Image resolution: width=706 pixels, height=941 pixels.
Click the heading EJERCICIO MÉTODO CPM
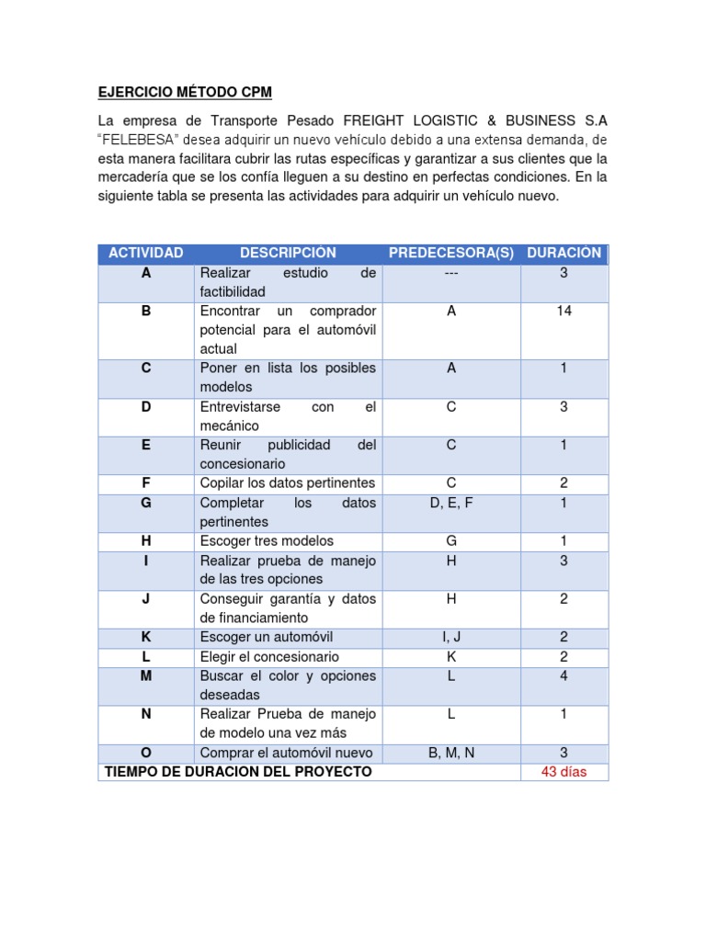pyautogui.click(x=185, y=93)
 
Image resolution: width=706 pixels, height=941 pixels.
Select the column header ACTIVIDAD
pyautogui.click(x=145, y=253)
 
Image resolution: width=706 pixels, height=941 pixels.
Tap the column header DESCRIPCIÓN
pyautogui.click(x=288, y=253)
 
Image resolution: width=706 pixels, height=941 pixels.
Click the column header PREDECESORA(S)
pyautogui.click(x=450, y=253)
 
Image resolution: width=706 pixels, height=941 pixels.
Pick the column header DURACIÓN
pyautogui.click(x=564, y=253)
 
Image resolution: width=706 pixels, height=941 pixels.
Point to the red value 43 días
pyautogui.click(x=564, y=772)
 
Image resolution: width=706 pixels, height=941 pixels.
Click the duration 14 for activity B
pyautogui.click(x=564, y=312)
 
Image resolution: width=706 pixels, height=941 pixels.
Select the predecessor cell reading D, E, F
pyautogui.click(x=450, y=503)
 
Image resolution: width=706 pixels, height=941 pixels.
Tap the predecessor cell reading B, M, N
pyautogui.click(x=450, y=754)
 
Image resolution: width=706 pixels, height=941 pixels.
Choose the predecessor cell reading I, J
pyautogui.click(x=450, y=637)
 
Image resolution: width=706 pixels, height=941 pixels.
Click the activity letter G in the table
pyautogui.click(x=145, y=503)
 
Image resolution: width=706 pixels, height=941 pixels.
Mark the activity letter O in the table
pyautogui.click(x=145, y=754)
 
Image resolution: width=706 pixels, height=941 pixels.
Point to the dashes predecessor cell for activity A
pyautogui.click(x=450, y=273)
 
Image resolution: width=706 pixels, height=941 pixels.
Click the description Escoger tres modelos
pyautogui.click(x=267, y=541)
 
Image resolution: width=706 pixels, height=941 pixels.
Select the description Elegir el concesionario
pyautogui.click(x=269, y=657)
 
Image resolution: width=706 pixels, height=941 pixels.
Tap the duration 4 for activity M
pyautogui.click(x=564, y=676)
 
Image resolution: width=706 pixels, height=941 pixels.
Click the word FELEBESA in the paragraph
pyautogui.click(x=138, y=139)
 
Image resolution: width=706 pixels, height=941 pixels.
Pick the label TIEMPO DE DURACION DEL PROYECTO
pyautogui.click(x=239, y=772)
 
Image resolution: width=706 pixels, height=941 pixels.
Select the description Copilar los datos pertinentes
pyautogui.click(x=288, y=483)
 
